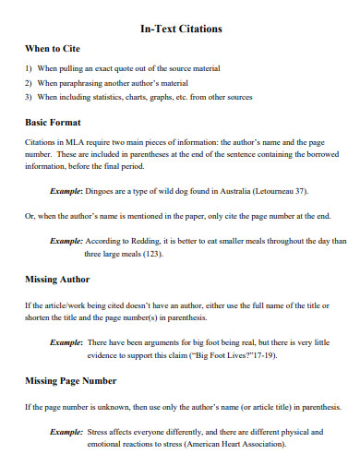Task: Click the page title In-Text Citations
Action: point(180,29)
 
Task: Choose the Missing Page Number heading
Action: point(70,380)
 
